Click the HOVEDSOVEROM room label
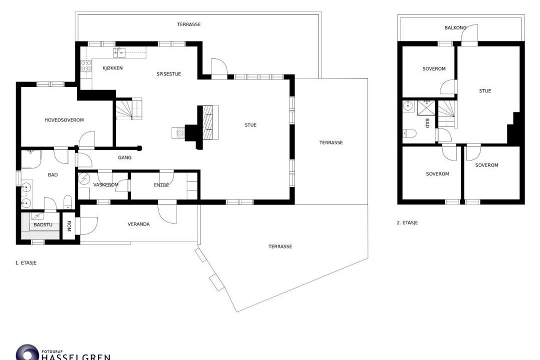pos(64,120)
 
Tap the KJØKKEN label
pos(112,68)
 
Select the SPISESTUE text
pos(169,74)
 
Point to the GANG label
pos(124,158)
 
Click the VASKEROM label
pos(105,185)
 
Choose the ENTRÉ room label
pos(161,185)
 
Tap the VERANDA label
pos(139,224)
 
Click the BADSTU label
pos(43,225)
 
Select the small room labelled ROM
pos(68,226)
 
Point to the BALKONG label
pos(455,27)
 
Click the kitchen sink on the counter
pos(119,52)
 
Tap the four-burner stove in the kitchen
pos(86,66)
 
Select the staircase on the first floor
pos(129,109)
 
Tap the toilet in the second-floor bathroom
pos(409,133)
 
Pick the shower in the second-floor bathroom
pos(426,108)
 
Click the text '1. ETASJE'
pos(26,263)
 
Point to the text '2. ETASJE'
pos(407,223)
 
